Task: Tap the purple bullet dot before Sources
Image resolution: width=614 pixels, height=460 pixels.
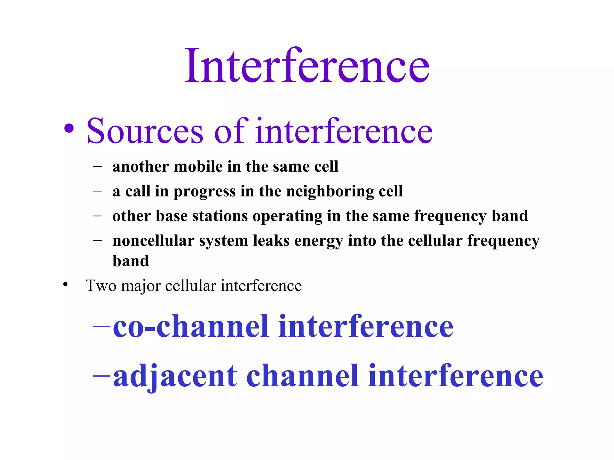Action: [69, 128]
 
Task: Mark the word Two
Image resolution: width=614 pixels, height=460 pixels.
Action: [101, 285]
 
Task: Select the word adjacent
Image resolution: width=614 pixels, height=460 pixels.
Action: [175, 376]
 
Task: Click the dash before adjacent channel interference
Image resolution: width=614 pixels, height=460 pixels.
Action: [102, 375]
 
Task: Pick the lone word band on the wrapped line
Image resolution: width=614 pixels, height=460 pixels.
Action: [131, 261]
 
